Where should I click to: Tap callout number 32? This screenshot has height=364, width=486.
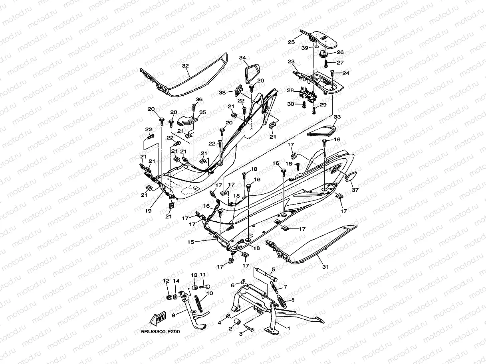click(x=185, y=65)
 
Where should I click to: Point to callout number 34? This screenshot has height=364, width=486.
click(x=242, y=58)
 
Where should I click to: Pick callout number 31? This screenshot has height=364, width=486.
click(x=325, y=267)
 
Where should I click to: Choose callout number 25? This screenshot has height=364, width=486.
click(x=291, y=42)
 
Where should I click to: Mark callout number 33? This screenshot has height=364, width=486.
click(x=337, y=117)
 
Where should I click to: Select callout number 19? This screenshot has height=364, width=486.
click(x=148, y=211)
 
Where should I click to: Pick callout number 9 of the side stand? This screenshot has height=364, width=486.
click(x=173, y=315)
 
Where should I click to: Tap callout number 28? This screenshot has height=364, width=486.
click(x=290, y=91)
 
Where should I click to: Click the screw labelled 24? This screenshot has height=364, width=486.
click(x=332, y=71)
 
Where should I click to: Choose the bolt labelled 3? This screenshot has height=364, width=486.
click(x=251, y=329)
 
